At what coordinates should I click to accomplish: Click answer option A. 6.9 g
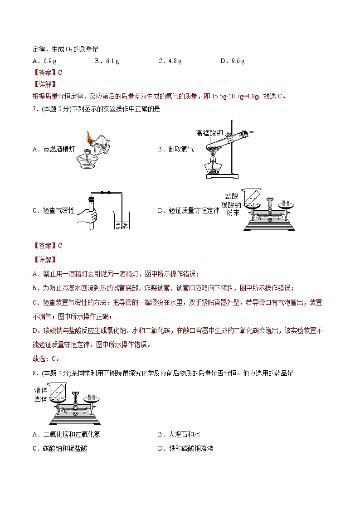tap(44, 61)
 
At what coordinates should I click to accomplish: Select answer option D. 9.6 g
tap(232, 61)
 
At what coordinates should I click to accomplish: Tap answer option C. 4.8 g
tap(170, 61)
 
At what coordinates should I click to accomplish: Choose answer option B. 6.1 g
tap(107, 61)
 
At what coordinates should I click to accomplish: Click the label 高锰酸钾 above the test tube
tap(209, 133)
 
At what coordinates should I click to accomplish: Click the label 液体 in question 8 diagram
tap(41, 390)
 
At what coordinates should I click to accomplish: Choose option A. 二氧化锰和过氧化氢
tap(66, 435)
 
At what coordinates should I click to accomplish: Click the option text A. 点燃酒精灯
tap(54, 149)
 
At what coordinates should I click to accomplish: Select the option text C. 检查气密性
tap(54, 210)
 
